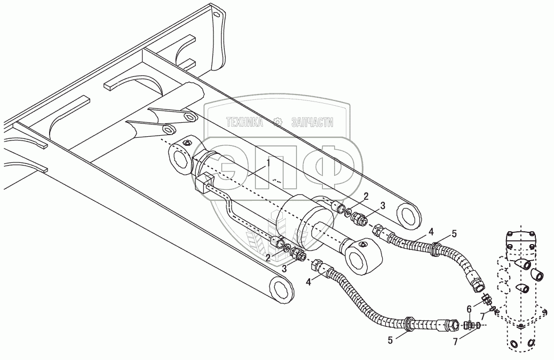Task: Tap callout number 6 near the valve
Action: (469, 308)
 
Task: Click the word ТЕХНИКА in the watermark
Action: (245, 123)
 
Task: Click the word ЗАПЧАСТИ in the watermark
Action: (312, 123)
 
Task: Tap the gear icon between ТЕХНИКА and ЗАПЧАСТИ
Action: (277, 122)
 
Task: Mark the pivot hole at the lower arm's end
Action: (279, 290)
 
